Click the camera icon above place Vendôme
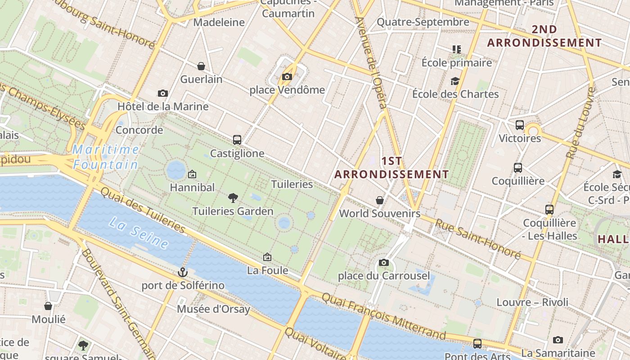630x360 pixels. point(287,76)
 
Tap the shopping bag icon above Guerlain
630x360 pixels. point(201,66)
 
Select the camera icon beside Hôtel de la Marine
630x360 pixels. point(163,93)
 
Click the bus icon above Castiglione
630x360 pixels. point(237,139)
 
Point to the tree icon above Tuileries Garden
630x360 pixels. point(233,197)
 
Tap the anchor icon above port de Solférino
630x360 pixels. point(182,272)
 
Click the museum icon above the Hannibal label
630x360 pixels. point(192,174)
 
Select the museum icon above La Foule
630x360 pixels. point(267,257)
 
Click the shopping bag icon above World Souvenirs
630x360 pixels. point(380,200)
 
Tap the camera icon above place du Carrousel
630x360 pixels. point(384,262)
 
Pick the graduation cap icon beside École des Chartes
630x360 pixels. point(455,81)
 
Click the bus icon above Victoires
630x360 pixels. point(520,125)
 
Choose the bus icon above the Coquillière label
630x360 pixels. point(518,168)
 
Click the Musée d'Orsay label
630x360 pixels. point(213,309)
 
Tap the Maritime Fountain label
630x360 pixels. point(106,157)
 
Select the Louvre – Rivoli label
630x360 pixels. point(532,302)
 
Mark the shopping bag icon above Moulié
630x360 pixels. point(48,306)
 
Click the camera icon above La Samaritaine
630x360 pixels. point(558,340)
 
